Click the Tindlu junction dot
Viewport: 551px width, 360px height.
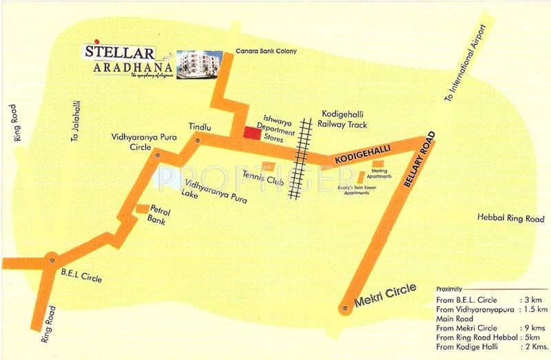pyautogui.click(x=198, y=140)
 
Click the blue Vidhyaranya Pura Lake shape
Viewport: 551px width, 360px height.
pyautogui.click(x=172, y=180)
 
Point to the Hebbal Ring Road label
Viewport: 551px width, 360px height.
pyautogui.click(x=510, y=218)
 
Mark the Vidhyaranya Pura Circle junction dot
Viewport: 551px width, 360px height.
pyautogui.click(x=159, y=155)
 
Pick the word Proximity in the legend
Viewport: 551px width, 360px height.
pyautogui.click(x=448, y=290)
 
